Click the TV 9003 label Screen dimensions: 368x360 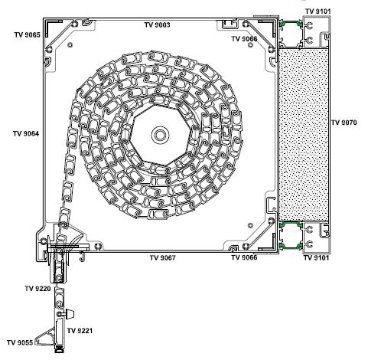tap(157, 25)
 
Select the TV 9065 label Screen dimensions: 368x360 tap(28, 35)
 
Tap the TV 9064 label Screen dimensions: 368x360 tap(26, 133)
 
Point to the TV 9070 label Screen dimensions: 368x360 tap(344, 123)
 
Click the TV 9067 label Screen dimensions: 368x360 tap(163, 258)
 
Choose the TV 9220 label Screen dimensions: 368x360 tap(37, 289)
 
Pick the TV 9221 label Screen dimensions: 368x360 tap(80, 331)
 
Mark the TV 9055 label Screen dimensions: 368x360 tap(20, 342)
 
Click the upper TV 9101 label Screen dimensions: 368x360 tap(318, 11)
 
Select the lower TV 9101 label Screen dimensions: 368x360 tap(316, 258)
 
